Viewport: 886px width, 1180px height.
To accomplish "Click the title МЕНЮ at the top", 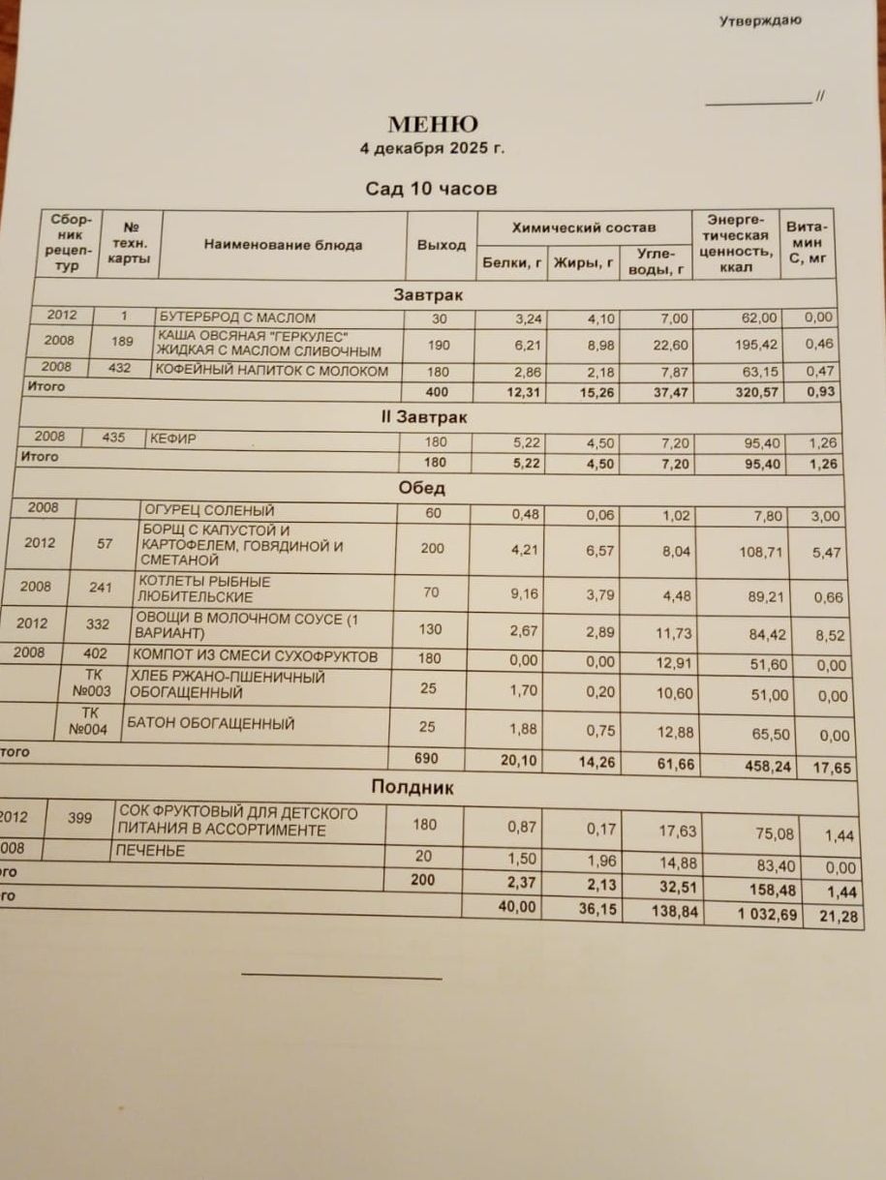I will tap(432, 125).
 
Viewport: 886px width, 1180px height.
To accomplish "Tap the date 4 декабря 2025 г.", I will tap(432, 149).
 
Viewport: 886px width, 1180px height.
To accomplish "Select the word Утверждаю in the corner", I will tap(759, 20).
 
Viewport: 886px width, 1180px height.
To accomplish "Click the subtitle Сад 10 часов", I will tap(431, 189).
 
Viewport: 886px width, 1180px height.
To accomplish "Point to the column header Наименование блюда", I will tap(283, 245).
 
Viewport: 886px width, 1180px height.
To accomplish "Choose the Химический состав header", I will tap(583, 227).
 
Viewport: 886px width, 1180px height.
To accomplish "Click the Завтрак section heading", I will tap(428, 294).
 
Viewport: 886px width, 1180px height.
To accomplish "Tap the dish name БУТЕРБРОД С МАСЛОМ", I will tap(237, 318).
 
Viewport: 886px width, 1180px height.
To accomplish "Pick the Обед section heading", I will tap(422, 489).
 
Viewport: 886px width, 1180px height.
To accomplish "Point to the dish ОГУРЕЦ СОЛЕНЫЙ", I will tap(209, 510).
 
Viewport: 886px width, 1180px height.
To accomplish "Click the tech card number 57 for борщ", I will tap(106, 545).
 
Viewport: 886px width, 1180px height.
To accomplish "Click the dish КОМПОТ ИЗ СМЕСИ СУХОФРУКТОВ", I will tap(254, 657).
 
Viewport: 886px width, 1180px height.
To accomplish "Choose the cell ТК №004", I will tap(91, 722).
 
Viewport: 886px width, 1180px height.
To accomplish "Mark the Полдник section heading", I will tap(412, 788).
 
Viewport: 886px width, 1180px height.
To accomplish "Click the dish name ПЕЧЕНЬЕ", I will tap(150, 851).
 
